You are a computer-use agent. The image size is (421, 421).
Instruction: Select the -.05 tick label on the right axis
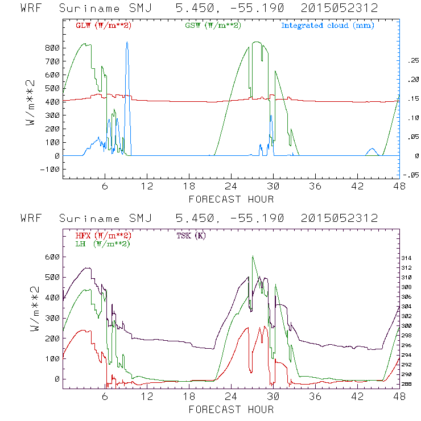tap(410, 175)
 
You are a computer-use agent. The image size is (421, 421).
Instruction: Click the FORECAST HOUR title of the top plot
tap(231, 199)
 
